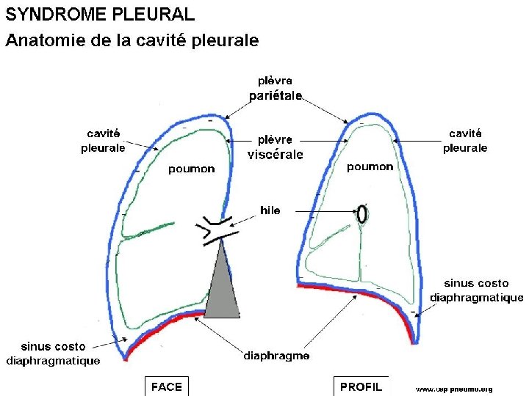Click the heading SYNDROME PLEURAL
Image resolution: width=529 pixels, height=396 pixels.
101,14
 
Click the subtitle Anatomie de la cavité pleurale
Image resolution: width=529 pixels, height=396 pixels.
132,41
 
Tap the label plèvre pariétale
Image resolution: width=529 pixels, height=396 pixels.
276,88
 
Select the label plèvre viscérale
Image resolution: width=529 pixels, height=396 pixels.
276,147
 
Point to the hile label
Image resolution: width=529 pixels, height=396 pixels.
270,210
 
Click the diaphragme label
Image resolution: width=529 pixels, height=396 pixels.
276,356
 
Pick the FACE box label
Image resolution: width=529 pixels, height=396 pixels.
166,386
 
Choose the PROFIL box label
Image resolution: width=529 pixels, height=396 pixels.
361,386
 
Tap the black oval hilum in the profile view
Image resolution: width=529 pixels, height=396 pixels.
361,213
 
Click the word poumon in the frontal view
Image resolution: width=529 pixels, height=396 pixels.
192,169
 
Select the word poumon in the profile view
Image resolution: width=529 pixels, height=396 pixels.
370,167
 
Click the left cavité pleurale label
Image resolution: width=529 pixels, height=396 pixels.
104,140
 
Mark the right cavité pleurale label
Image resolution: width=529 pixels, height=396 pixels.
465,140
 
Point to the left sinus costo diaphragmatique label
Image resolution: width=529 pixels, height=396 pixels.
53,353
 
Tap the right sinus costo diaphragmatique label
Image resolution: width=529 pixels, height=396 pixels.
476,290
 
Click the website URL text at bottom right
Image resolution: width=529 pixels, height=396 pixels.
454,389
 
